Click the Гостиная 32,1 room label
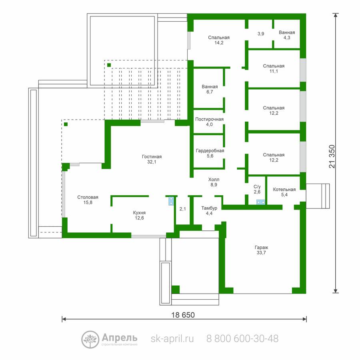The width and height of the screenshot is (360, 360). coord(152,159)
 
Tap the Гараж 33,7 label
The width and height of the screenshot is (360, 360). coord(261,250)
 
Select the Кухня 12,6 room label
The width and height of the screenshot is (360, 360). coord(139,215)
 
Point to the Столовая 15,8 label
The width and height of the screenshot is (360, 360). coord(88,200)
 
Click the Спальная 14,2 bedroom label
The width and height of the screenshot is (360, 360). coord(219,40)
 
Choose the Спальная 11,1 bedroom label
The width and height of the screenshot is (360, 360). coord(274,68)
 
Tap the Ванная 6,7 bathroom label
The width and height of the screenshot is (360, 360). coord(210,89)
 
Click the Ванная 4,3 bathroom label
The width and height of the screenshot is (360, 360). coord(287,35)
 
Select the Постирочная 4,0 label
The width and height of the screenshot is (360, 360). coord(209,122)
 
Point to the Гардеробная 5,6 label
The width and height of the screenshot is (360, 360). coord(210,153)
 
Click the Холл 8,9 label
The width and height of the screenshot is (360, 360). coord(214,182)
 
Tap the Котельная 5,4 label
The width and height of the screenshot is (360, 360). coord(284,192)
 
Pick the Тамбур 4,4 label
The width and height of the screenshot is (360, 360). coord(209,210)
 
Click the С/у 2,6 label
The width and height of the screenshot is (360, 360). coord(257,189)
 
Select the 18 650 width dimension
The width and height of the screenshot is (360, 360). coord(183,315)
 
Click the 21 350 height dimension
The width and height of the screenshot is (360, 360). coord(332,156)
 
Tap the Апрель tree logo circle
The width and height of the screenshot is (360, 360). coord(90,340)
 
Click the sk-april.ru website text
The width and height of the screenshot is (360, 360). coord(172,339)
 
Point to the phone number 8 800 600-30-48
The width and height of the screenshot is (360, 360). coord(242,339)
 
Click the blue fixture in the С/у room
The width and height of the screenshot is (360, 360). coord(260,202)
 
